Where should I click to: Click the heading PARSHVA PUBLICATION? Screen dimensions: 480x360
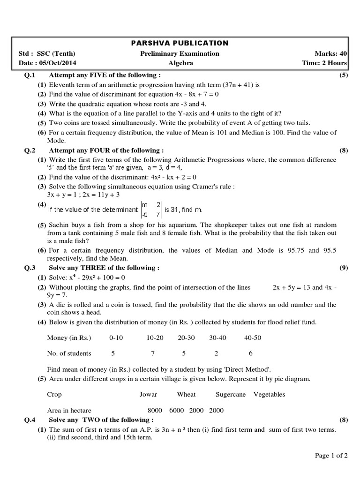pyautogui.click(x=180, y=43)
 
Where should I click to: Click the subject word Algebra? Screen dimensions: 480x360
pyautogui.click(x=180, y=63)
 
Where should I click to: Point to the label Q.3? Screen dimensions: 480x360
pyautogui.click(x=30, y=268)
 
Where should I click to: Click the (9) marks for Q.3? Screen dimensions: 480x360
pyautogui.click(x=342, y=268)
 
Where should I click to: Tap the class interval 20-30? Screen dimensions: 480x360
pyautogui.click(x=186, y=337)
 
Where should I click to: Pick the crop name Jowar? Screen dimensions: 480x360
pyautogui.click(x=148, y=394)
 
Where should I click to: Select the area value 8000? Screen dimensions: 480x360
pyautogui.click(x=155, y=410)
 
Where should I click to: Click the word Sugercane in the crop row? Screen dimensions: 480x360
pyautogui.click(x=231, y=394)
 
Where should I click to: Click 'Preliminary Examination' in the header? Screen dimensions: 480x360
pyautogui.click(x=180, y=53)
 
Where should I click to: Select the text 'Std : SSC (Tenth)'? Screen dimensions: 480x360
pyautogui.click(x=47, y=53)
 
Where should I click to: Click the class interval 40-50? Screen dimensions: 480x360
pyautogui.click(x=253, y=337)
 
